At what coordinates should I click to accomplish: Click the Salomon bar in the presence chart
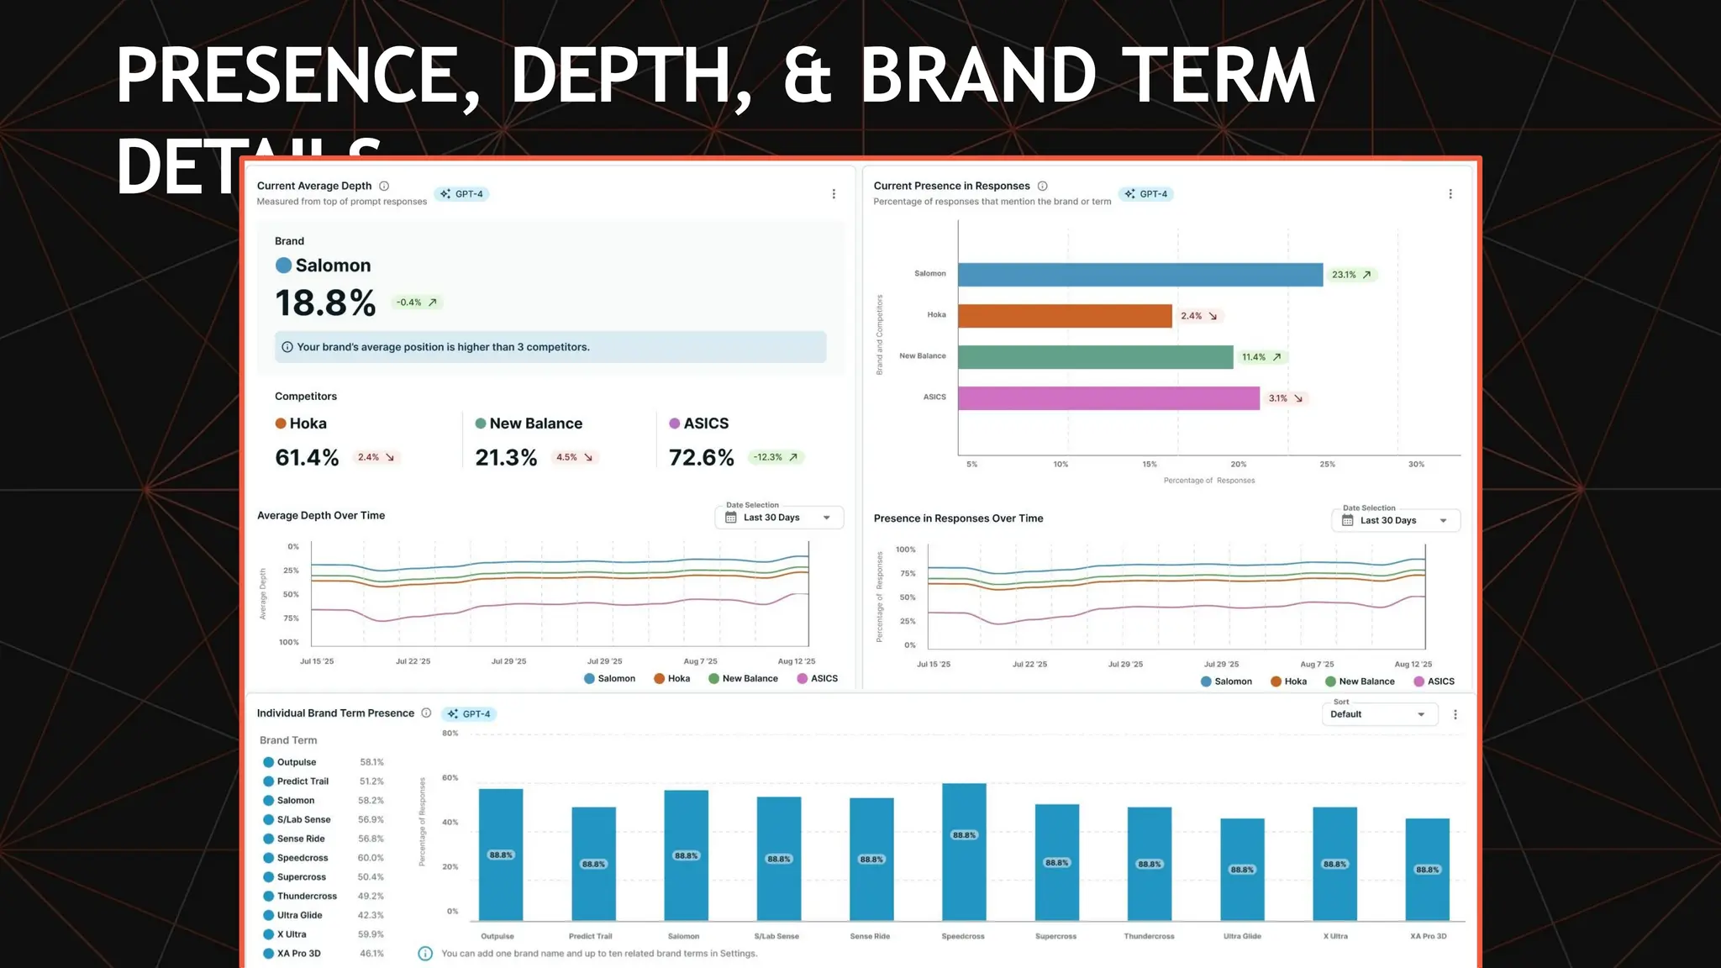[x=1139, y=275]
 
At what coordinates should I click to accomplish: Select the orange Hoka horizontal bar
[x=1064, y=316]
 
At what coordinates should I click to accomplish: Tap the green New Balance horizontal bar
[x=1095, y=357]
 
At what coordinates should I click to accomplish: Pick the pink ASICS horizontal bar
[x=1108, y=398]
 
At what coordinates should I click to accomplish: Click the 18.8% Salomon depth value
[x=325, y=303]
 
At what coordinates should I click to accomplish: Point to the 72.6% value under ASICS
[x=701, y=458]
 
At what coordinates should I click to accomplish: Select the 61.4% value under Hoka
[x=307, y=458]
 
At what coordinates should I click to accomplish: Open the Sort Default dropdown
[x=1378, y=714]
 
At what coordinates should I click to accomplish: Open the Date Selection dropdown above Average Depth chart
[x=779, y=518]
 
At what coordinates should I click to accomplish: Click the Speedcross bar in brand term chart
[x=964, y=851]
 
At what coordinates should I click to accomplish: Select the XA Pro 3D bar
[x=1427, y=869]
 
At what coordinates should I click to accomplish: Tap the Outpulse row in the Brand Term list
[x=297, y=762]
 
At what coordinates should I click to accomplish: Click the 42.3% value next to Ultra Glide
[x=371, y=915]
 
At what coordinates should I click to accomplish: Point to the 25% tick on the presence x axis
[x=1327, y=464]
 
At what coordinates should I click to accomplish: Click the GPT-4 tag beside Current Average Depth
[x=462, y=194]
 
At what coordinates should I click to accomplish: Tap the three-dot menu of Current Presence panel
[x=1450, y=194]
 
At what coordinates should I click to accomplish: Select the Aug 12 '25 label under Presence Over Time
[x=1413, y=664]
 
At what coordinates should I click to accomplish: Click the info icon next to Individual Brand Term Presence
[x=426, y=713]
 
